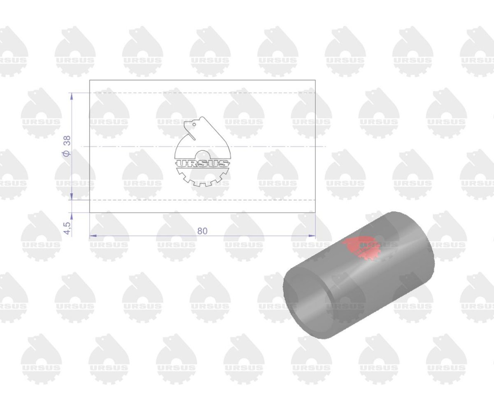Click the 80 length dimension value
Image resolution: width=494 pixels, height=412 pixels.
coord(202,231)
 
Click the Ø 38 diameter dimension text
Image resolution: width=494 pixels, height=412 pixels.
coord(67,146)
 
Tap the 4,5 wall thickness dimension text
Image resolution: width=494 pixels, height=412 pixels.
coord(68,228)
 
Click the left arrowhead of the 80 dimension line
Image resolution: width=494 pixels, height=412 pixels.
coord(93,236)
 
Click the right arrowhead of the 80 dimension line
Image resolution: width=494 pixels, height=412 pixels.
coord(312,236)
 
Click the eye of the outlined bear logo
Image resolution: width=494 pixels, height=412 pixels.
coord(194,124)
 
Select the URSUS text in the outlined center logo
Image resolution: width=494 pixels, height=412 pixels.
coord(203,164)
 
